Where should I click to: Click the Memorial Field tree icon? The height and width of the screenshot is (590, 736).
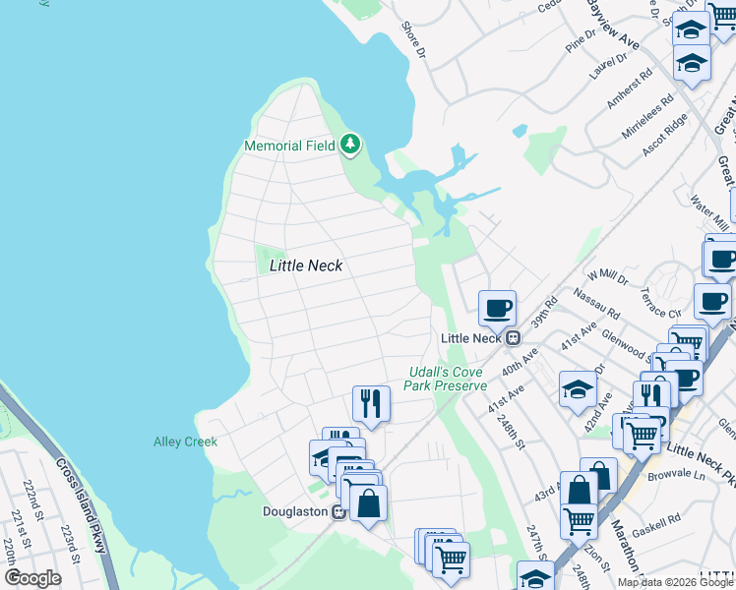pos(350,146)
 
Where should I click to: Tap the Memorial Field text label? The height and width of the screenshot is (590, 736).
pos(289,146)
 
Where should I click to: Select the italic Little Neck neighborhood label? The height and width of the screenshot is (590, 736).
pos(305,265)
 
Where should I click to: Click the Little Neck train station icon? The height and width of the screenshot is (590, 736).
pos(513,337)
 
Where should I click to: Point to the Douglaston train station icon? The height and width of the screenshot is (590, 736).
pos(337,511)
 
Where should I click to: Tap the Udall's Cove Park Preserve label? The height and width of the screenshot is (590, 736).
pos(447,379)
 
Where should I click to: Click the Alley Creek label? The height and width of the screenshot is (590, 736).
pos(185,442)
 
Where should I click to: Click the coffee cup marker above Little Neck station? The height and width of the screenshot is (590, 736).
pos(497,308)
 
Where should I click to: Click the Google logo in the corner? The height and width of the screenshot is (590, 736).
pos(32,578)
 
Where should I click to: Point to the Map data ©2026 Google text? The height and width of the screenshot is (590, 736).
pos(675,582)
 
